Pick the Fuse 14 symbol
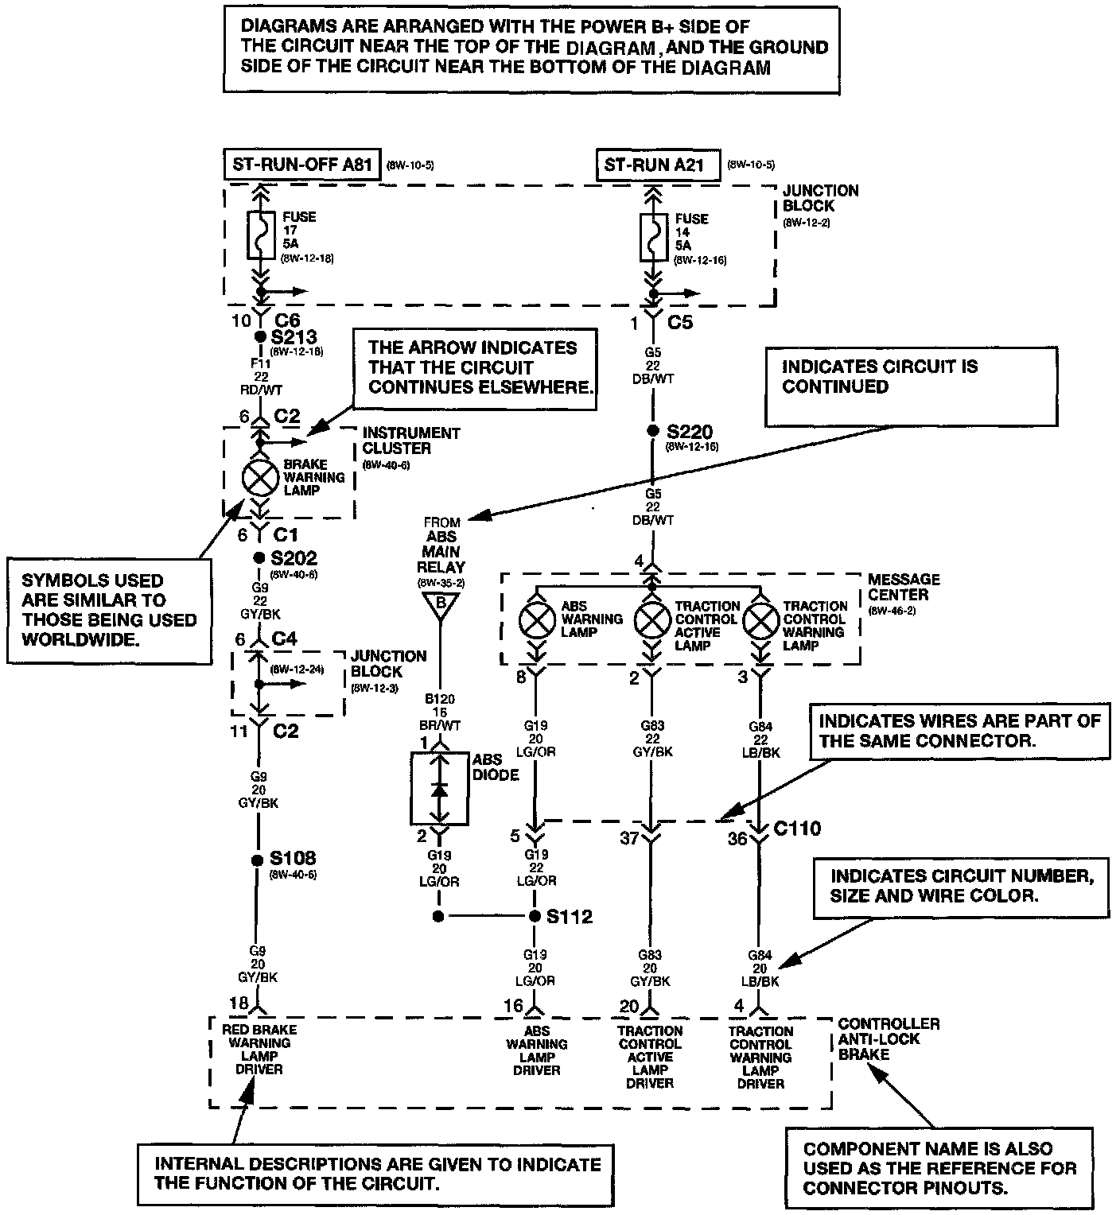tap(653, 236)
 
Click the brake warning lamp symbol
tap(260, 477)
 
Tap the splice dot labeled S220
tap(652, 431)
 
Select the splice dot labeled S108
tap(257, 860)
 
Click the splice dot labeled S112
tap(535, 917)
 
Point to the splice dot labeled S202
tap(259, 557)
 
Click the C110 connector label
tap(797, 829)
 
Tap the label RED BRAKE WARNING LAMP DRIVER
tap(259, 1050)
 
